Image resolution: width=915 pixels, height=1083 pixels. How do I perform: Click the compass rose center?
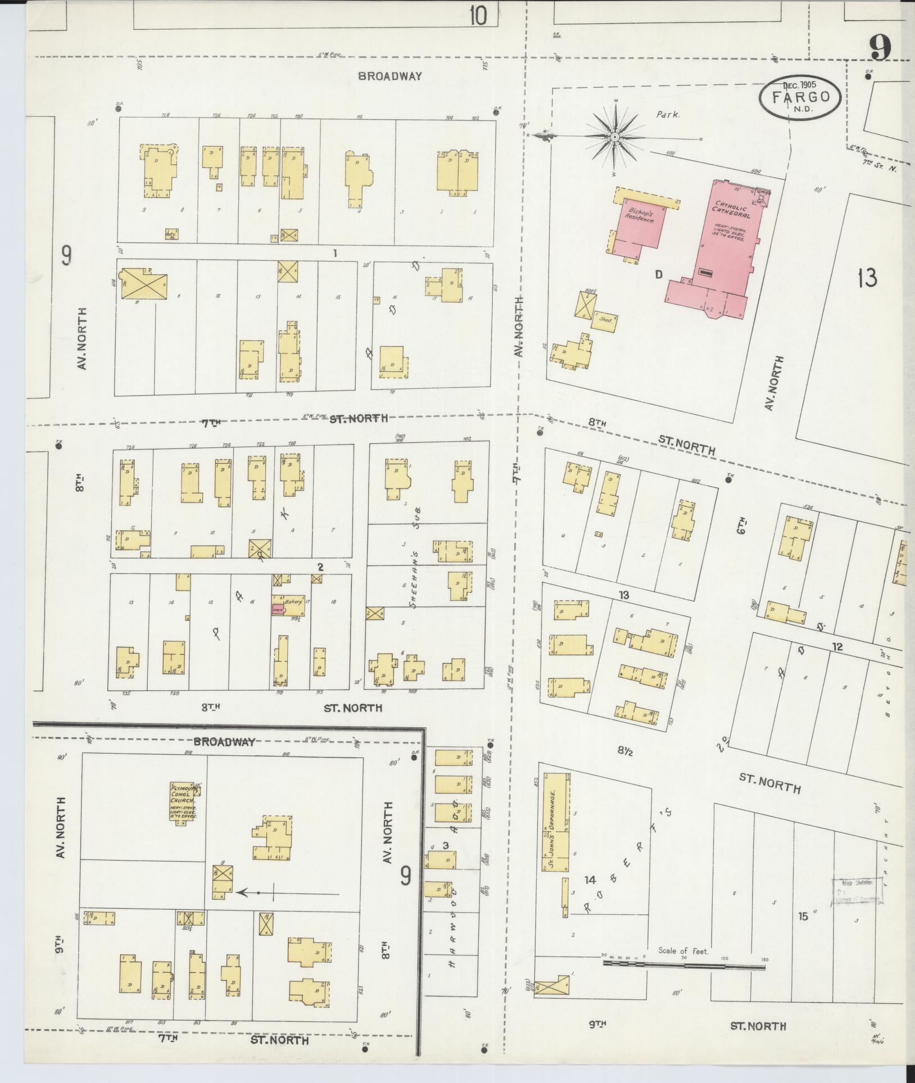click(x=615, y=137)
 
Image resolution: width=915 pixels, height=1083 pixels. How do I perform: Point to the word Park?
click(x=668, y=115)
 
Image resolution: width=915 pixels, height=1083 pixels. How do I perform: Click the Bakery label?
click(x=293, y=601)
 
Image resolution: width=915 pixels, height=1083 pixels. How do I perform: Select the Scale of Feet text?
click(x=683, y=951)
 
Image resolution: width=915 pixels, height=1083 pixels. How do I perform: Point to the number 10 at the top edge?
click(x=478, y=16)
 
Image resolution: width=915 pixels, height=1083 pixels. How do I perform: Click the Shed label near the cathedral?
click(x=605, y=320)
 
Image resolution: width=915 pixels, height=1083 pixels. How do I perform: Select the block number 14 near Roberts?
click(x=590, y=880)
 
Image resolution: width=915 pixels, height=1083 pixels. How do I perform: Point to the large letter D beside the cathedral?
click(x=659, y=274)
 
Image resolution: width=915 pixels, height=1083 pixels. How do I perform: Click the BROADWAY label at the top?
click(x=389, y=76)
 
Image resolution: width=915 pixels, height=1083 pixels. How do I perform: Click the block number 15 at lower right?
click(x=803, y=916)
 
